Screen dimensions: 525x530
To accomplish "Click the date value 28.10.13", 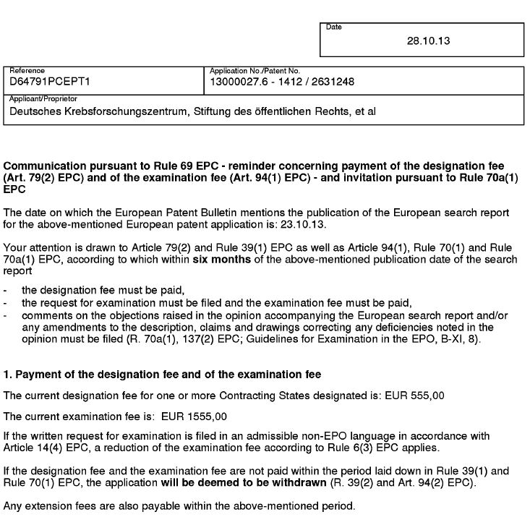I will click(x=429, y=40).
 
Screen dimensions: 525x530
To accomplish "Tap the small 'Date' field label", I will click(x=333, y=27).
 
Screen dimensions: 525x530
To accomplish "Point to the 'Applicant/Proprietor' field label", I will click(x=43, y=98).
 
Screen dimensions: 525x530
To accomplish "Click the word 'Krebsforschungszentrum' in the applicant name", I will click(x=127, y=111).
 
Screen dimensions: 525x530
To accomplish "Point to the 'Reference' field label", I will click(x=27, y=71).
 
